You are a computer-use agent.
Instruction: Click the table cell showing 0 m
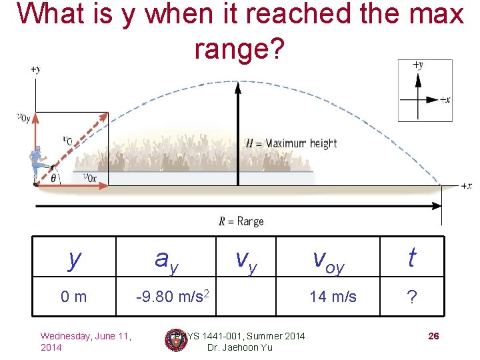[x=74, y=296]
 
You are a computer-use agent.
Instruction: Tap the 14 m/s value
[x=332, y=296]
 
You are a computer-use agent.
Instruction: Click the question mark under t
[x=412, y=297]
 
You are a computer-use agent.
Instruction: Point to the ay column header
[x=166, y=260]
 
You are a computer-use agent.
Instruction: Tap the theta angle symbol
[x=54, y=178]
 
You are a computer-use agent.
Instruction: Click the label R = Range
[x=241, y=221]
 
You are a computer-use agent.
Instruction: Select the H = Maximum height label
[x=291, y=143]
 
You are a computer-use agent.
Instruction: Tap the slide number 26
[x=433, y=336]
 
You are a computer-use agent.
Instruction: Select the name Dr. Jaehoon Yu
[x=239, y=347]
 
